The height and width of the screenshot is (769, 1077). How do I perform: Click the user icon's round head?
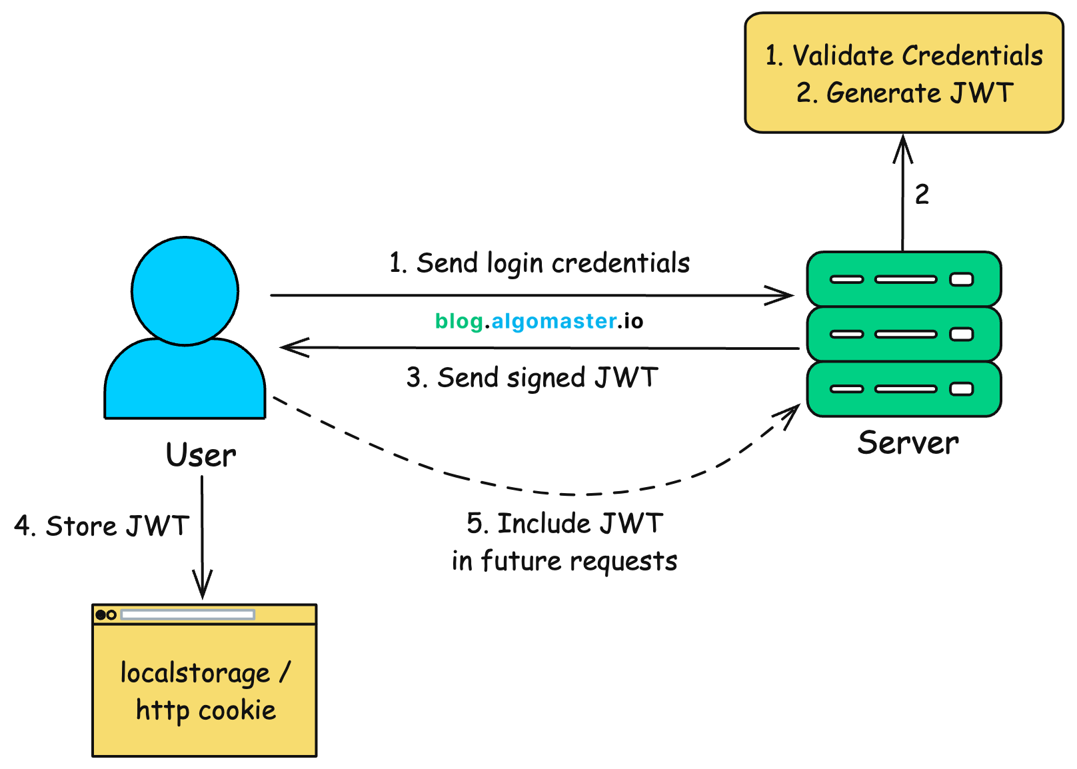185,291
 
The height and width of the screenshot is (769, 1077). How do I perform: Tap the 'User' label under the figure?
201,455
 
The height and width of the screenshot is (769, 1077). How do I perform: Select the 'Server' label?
908,443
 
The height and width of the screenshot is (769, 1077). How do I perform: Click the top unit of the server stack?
904,279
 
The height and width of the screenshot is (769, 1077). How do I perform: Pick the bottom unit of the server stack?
904,389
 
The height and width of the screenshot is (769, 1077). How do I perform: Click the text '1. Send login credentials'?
539,263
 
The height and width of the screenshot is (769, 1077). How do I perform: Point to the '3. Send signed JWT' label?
532,378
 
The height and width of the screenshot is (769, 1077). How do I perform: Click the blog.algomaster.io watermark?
538,321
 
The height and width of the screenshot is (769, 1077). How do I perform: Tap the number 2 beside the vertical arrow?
922,195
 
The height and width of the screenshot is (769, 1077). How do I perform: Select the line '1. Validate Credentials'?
904,56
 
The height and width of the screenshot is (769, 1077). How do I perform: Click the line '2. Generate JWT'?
904,93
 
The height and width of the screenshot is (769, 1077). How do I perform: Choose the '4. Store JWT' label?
101,526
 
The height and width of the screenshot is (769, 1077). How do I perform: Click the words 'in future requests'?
564,561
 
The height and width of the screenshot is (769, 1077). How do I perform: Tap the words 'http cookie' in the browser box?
206,710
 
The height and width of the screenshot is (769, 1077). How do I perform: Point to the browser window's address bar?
187,614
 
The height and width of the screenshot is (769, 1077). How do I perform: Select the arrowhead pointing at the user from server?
289,347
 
